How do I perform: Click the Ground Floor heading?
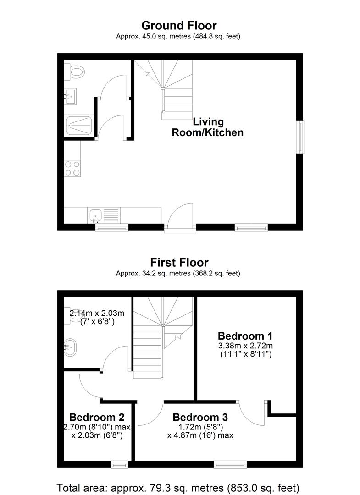pyautogui.click(x=179, y=25)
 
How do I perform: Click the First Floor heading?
pyautogui.click(x=179, y=263)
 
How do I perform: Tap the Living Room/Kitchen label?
pyautogui.click(x=207, y=127)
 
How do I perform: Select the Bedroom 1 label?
pyautogui.click(x=247, y=335)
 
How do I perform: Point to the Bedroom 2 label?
pyautogui.click(x=97, y=417)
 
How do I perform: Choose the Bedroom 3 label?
pyautogui.click(x=200, y=417)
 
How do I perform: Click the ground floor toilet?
pyautogui.click(x=77, y=71)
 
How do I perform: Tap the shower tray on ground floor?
pyautogui.click(x=79, y=124)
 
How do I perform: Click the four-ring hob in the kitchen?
pyautogui.click(x=72, y=168)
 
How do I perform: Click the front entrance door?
pyautogui.click(x=180, y=218)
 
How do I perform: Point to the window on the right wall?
pyautogui.click(x=300, y=137)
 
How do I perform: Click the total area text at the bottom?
pyautogui.click(x=178, y=487)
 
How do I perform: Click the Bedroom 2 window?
pyautogui.click(x=119, y=465)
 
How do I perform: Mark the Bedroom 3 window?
pyautogui.click(x=228, y=465)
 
